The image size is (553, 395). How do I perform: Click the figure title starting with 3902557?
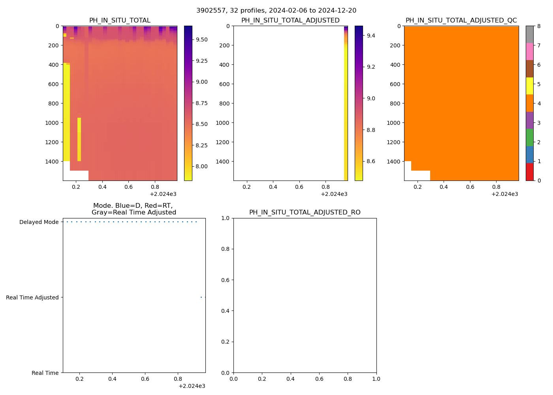276,11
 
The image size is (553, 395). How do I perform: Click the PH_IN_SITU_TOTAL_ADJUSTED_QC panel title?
461,21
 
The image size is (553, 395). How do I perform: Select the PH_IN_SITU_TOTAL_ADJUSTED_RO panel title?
305,213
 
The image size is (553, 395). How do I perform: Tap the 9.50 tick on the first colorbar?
201,39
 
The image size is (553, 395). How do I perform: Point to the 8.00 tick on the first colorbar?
201,166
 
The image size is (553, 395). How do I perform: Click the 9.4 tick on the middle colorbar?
371,36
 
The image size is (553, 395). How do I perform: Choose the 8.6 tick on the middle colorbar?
371,161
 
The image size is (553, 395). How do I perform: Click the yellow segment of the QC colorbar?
529,86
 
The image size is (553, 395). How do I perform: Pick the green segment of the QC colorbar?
529,137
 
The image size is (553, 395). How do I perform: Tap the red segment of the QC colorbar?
529,172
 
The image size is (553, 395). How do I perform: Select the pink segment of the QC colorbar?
529,51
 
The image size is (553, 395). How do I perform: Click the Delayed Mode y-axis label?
39,222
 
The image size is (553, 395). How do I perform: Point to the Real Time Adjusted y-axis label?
32,297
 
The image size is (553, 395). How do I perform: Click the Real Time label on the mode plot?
45,373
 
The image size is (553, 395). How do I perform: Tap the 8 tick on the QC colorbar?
539,26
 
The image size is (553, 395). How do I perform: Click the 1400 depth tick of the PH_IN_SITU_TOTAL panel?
51,162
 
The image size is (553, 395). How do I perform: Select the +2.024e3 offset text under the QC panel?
504,194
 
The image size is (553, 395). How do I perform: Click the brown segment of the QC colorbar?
529,69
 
